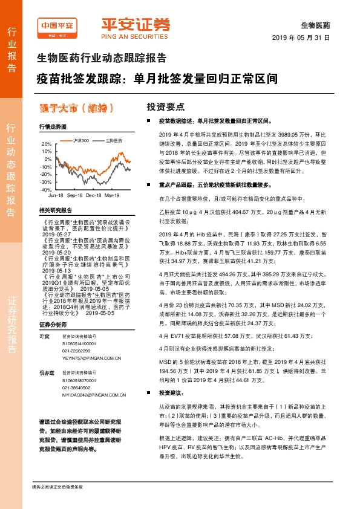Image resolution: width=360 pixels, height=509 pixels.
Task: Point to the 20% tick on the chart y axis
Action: [46, 144]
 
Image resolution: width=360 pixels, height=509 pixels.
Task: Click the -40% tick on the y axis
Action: [46, 189]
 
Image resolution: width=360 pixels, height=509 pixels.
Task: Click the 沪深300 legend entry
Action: [80, 140]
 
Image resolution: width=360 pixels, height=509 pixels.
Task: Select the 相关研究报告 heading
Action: [55, 210]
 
